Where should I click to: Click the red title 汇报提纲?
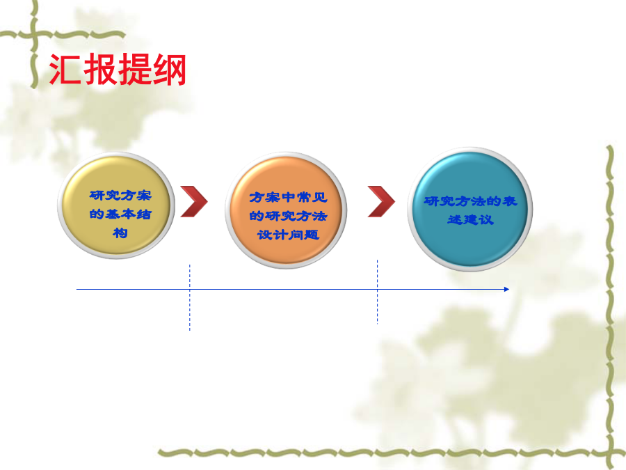click(118, 69)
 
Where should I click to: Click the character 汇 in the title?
click(65, 69)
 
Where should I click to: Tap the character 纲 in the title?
click(170, 69)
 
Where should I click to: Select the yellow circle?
click(116, 205)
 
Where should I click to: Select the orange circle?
click(286, 210)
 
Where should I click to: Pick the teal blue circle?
click(470, 210)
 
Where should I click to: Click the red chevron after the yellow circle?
click(194, 201)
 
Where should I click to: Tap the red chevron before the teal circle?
click(381, 201)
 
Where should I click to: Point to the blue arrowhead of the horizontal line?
click(506, 289)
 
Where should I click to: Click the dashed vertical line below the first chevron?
click(190, 297)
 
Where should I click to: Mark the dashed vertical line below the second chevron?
click(377, 291)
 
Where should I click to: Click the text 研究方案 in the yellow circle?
click(120, 196)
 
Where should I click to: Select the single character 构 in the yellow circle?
click(120, 233)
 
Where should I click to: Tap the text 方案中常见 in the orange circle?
click(288, 198)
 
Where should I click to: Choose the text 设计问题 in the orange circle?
click(288, 235)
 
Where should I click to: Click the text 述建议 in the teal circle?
click(470, 219)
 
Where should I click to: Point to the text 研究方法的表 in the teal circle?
click(470, 201)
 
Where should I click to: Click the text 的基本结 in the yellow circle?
click(120, 214)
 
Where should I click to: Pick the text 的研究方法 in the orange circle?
click(288, 216)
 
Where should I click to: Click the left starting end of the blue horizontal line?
click(77, 289)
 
